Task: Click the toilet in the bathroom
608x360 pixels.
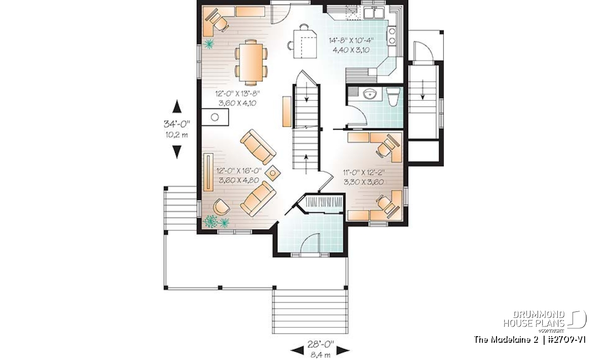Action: click(x=393, y=97)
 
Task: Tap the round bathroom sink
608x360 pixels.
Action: click(x=370, y=94)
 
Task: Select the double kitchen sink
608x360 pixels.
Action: click(x=374, y=13)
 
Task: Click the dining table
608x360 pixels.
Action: click(x=251, y=62)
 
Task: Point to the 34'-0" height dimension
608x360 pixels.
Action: click(x=177, y=124)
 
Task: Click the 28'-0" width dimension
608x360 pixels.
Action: click(x=320, y=344)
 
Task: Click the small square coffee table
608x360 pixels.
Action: click(x=273, y=173)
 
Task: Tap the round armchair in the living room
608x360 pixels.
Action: click(x=221, y=207)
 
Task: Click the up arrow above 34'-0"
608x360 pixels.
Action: click(x=177, y=106)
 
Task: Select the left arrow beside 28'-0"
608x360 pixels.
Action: click(x=297, y=350)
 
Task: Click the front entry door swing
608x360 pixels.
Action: click(x=311, y=244)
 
